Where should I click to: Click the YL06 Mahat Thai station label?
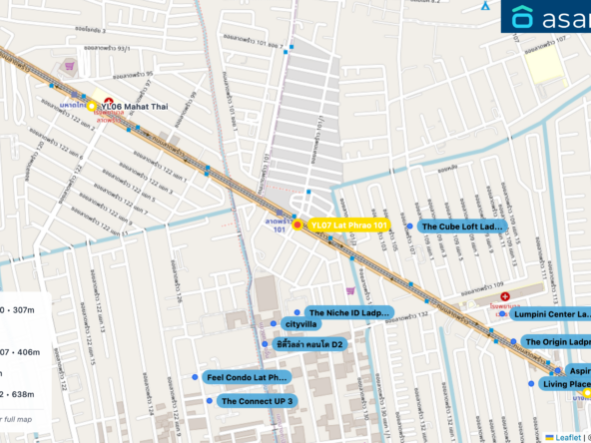coord(133,105)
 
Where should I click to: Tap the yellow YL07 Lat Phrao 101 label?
coord(347,226)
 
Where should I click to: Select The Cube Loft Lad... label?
coord(462,226)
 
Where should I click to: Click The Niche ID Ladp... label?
coord(347,312)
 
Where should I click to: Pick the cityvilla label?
coord(301,325)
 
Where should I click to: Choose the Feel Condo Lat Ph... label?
coord(246,378)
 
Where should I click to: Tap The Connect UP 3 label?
coord(258,401)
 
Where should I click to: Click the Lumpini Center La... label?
coord(551,313)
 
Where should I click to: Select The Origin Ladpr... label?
coord(556,342)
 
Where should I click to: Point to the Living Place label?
coord(565,384)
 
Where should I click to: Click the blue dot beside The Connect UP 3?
coord(209,401)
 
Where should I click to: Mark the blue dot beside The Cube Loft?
coord(409,226)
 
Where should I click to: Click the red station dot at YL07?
coord(297,226)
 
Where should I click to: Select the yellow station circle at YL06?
coord(92,105)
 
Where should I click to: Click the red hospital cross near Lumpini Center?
coord(505,296)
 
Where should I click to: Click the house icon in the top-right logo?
coord(523,18)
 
